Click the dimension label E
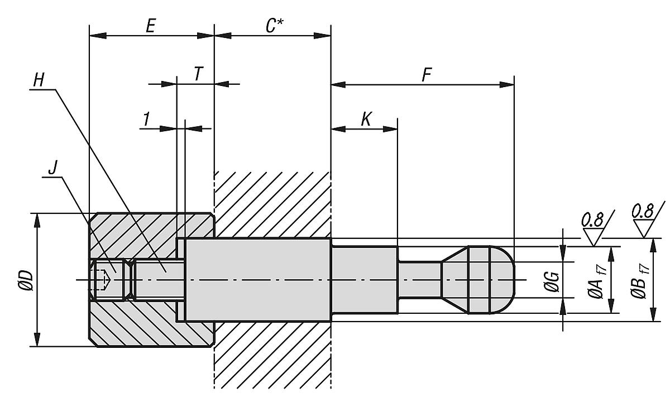[151, 25]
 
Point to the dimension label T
[197, 74]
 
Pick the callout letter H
[39, 80]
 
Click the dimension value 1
[146, 118]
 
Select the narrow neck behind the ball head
[419, 280]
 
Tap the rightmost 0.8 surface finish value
[643, 212]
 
